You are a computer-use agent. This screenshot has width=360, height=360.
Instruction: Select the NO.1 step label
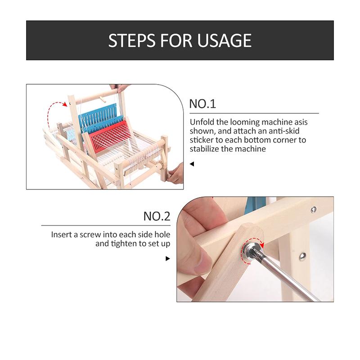point(202,104)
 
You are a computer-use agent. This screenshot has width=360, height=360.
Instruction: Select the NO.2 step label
point(157,216)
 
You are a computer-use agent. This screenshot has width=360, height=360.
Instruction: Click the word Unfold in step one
point(201,122)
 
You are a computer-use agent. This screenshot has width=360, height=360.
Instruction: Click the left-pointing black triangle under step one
point(192,164)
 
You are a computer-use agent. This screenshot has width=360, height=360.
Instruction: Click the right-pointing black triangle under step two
point(168,258)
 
